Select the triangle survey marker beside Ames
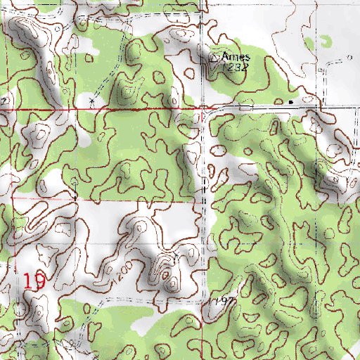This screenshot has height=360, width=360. [x=215, y=57]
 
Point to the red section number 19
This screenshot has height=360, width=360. [x=34, y=282]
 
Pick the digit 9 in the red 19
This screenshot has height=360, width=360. [x=40, y=282]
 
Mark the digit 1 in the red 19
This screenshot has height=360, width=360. [x=28, y=282]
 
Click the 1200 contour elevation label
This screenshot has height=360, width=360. [x=124, y=270]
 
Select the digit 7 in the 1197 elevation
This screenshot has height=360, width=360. [x=230, y=300]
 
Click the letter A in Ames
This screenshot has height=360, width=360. [x=225, y=56]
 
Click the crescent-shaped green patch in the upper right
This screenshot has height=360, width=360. [x=325, y=41]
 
